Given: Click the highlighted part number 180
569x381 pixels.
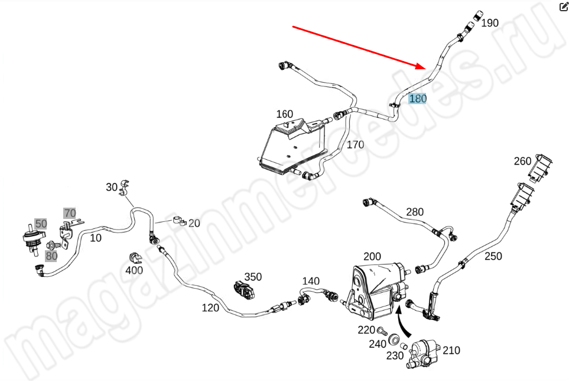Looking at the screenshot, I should (417, 98).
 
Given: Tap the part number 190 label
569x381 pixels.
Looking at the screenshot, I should (489, 23).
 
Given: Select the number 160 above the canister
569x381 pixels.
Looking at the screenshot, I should (284, 114).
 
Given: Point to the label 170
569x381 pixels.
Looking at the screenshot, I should (355, 144).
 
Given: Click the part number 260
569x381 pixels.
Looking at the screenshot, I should (522, 161).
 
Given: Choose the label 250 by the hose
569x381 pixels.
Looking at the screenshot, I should (493, 256).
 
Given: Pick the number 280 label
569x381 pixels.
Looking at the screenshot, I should (414, 212).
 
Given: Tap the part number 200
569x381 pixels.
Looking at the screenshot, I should (372, 256).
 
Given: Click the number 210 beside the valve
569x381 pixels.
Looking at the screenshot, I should (451, 350).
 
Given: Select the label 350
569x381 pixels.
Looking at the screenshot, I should (253, 277).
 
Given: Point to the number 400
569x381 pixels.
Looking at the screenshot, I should (134, 271).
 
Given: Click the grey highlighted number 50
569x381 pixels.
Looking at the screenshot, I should (41, 224).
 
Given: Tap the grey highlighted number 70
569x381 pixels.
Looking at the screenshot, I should (70, 213).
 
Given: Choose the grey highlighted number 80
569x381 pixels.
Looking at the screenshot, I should (51, 256).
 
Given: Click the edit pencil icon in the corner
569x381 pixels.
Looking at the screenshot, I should (563, 7).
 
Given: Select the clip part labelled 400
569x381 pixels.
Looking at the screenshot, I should (135, 258).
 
